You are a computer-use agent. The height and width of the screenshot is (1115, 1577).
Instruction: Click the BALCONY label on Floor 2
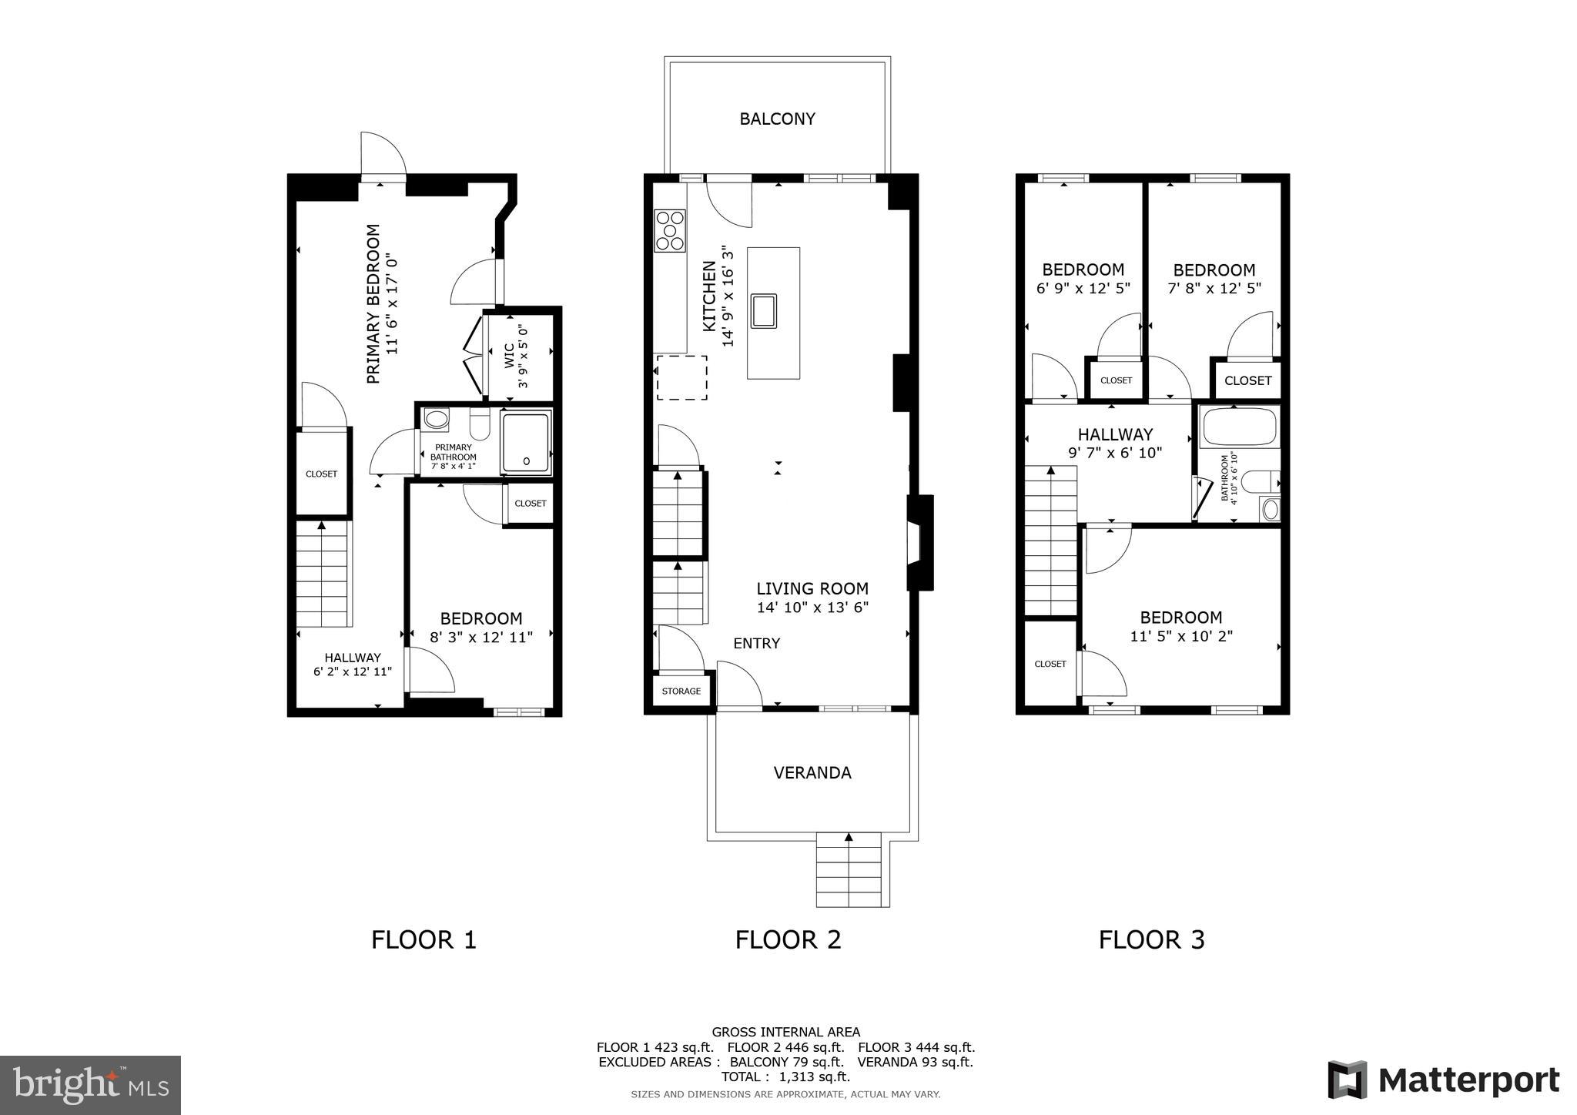777,119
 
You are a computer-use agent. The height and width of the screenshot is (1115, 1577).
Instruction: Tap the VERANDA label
812,772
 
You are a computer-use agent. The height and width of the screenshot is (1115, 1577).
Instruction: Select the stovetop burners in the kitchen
670,230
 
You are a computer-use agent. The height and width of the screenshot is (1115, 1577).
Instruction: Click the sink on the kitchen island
763,310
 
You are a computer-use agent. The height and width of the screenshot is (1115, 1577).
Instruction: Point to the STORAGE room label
681,691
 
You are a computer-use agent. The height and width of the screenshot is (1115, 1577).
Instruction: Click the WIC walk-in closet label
509,356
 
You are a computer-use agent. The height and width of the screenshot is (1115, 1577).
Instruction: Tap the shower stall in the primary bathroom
526,443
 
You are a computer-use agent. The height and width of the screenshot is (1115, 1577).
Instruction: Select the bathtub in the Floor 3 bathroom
1240,427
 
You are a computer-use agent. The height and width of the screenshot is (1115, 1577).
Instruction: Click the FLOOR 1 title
424,939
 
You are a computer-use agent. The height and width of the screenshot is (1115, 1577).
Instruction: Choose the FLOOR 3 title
1151,939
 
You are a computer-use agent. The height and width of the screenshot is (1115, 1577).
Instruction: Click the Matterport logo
1444,1080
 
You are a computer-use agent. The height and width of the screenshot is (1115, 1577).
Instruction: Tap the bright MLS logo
90,1085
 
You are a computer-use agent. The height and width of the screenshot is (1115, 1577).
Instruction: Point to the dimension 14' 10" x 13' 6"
812,608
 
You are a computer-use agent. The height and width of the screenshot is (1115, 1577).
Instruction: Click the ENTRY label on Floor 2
756,643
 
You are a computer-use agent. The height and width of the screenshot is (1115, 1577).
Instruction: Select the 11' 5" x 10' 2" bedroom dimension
1181,636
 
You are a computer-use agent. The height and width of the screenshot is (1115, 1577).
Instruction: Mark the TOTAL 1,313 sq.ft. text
785,1076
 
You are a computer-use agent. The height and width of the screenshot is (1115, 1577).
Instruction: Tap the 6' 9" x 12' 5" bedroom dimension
1083,288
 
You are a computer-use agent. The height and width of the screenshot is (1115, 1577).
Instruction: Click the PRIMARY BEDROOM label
373,303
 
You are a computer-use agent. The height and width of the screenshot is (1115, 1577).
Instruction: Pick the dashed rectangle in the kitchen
681,377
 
